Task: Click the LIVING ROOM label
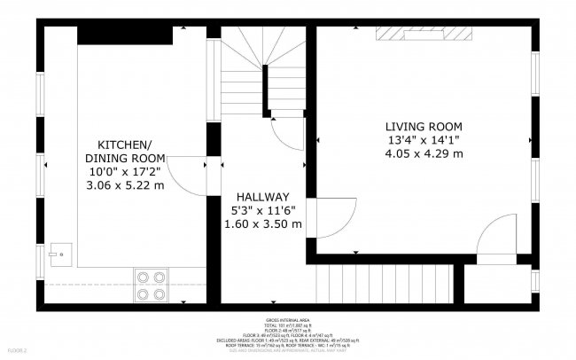tap(423, 126)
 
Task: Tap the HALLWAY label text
tap(262, 196)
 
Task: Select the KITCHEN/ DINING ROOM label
tap(124, 151)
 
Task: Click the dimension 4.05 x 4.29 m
tap(423, 153)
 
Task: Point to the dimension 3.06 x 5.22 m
tap(125, 185)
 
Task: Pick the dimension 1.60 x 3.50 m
tap(262, 224)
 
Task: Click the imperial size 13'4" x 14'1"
tap(423, 140)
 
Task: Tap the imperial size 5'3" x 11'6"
tap(262, 210)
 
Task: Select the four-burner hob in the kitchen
tap(152, 284)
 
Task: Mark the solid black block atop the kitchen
tap(124, 35)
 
